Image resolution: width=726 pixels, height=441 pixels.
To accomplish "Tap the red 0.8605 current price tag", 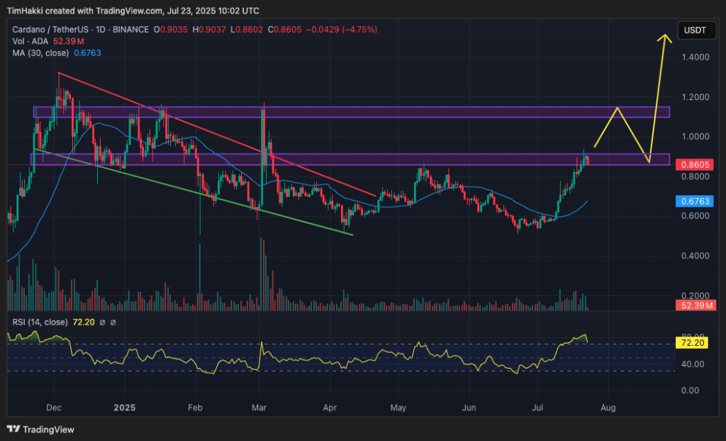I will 697,164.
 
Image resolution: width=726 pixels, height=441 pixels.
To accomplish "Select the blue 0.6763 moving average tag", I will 697,202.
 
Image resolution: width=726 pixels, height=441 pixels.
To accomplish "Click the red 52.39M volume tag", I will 697,305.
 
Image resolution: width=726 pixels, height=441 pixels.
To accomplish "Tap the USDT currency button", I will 696,31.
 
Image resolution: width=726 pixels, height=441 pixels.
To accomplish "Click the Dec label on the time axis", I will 54,408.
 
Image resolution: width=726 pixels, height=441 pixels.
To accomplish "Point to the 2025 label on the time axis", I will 124,408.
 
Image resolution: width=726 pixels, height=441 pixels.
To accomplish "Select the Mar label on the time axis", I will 259,408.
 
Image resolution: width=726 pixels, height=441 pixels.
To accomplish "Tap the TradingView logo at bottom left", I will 41,429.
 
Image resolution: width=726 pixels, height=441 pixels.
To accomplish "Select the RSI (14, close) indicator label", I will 40,322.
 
